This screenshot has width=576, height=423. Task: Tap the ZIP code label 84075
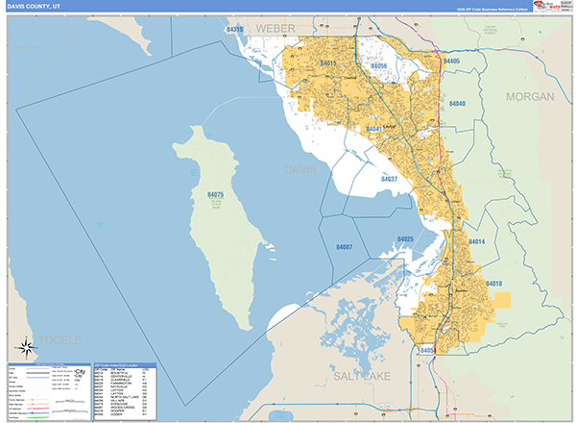point(215,194)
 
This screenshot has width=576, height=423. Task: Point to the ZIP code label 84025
point(404,238)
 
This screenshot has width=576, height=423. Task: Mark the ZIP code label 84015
point(328,63)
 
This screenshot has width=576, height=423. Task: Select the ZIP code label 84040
point(457,104)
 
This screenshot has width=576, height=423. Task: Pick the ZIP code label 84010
point(494,284)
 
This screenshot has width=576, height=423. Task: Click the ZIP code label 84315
point(233,30)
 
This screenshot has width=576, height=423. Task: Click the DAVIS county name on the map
point(300,169)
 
